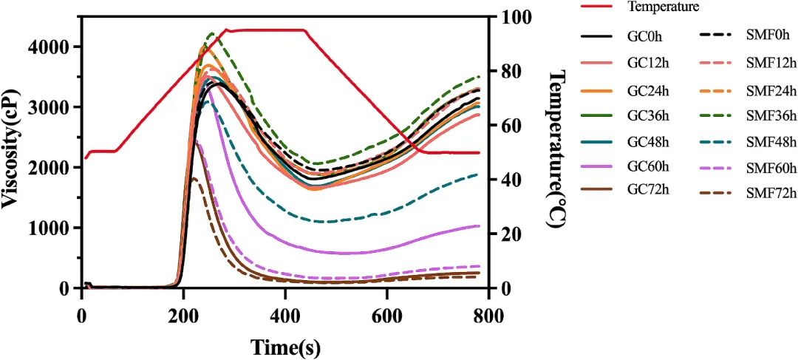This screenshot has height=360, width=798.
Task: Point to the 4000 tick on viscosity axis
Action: click(53, 47)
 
